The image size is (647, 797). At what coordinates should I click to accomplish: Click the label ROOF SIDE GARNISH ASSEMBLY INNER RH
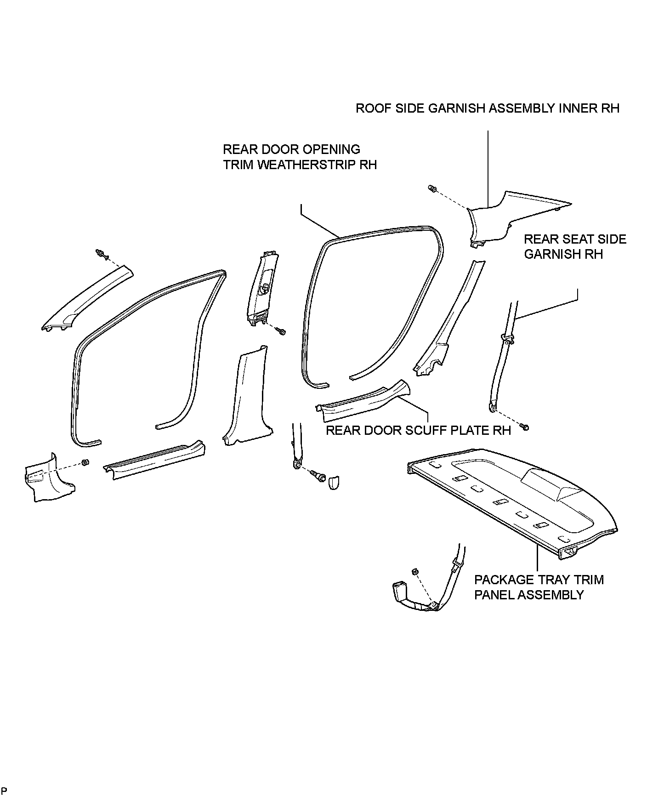point(488,108)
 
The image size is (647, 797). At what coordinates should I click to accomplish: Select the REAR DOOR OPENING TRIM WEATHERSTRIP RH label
point(300,157)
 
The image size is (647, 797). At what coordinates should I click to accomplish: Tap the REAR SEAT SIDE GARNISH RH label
point(575,246)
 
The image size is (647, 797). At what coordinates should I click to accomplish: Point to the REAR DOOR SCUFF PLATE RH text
point(418,430)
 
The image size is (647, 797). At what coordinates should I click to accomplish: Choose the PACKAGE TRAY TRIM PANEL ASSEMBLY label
point(539,587)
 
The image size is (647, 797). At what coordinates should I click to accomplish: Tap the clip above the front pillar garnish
point(100,253)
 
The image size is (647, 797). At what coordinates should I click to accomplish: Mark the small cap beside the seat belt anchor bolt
point(334,483)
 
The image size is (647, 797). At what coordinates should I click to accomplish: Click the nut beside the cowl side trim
point(85,462)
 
